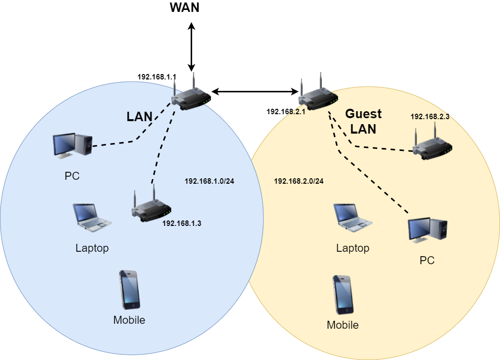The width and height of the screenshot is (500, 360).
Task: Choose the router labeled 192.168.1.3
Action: tap(151, 206)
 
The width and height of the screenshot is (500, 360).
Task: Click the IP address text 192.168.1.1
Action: tap(157, 77)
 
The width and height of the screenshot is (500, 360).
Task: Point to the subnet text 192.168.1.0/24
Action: tap(209, 181)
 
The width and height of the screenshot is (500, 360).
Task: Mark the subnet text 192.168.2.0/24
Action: tap(298, 181)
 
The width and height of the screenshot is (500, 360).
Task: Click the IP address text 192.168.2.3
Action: tap(429, 117)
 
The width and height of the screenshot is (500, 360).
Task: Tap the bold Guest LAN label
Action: tap(363, 121)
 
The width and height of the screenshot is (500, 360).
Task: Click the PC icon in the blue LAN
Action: tap(72, 145)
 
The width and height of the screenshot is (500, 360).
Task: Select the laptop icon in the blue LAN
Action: tap(92, 217)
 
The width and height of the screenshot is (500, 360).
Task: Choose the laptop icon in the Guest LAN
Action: tap(353, 217)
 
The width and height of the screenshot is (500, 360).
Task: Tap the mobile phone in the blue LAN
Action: tap(129, 290)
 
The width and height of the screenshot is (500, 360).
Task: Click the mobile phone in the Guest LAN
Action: tap(343, 295)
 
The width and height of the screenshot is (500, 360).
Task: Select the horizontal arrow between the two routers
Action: tap(255, 91)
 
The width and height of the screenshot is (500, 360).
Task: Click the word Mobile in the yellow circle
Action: tap(343, 326)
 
